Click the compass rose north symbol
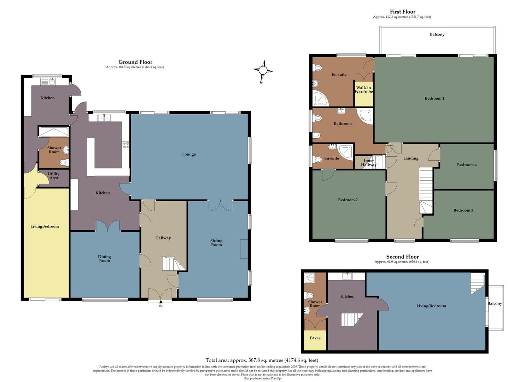coord(263,70)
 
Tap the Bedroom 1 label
coord(434,98)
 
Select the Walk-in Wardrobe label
coord(364,90)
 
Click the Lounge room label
coord(189,154)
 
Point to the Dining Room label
coord(104,259)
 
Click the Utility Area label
coord(54,176)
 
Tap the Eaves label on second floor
coord(315,338)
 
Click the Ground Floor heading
coord(135,62)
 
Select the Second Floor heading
coord(402,257)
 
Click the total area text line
coord(262,360)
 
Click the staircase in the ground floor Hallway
coord(173,264)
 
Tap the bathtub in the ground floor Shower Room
coord(54,132)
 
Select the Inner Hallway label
coord(369,163)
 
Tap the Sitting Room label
coord(216,243)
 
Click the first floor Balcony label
coord(437,34)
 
